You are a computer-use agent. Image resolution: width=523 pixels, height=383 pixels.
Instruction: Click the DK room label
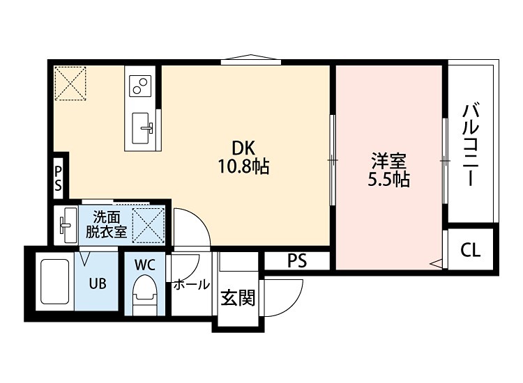pos(243,148)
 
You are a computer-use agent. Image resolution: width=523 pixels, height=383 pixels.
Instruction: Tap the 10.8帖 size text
pos(243,167)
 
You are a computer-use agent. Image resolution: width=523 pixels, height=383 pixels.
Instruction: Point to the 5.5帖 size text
pos(388,180)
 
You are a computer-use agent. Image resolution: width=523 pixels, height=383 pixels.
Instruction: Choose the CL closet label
pos(471,250)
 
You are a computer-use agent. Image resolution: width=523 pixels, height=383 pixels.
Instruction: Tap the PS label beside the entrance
pos(297,261)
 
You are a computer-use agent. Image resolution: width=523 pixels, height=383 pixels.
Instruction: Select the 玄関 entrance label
pos(237,298)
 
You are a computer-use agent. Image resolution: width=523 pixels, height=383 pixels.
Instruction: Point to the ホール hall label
pos(190,285)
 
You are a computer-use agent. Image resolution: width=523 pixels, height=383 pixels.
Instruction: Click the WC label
pos(145,265)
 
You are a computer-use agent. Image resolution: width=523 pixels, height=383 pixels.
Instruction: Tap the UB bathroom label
pos(96,284)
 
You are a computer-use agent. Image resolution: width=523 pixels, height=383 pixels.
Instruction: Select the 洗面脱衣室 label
pos(106,224)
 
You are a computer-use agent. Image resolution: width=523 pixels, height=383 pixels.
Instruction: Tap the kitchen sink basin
pos(144,127)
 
